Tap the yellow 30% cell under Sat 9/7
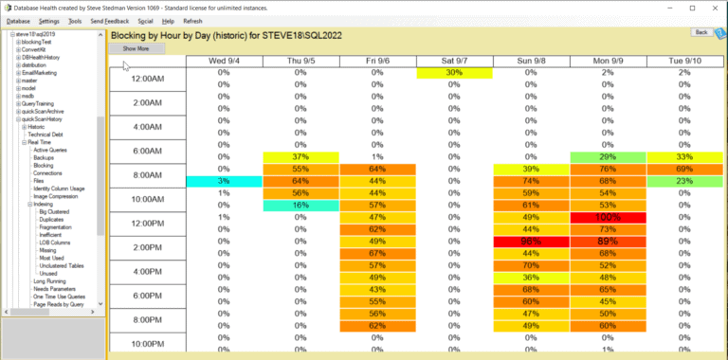point(453,73)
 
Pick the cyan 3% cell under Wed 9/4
point(224,181)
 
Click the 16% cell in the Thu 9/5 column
point(301,205)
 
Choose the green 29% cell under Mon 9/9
point(608,156)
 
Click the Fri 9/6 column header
point(378,61)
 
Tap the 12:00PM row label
point(147,224)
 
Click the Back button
point(701,32)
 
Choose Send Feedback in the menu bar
point(110,20)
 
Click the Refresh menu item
point(192,20)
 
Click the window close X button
point(714,7)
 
